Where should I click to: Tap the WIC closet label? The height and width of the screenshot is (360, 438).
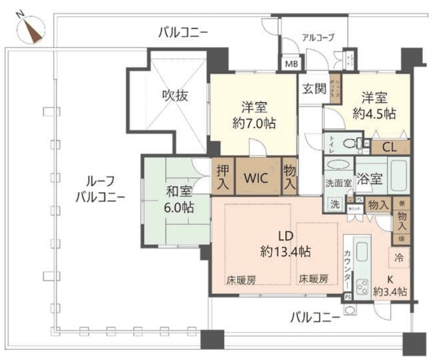pyautogui.click(x=256, y=178)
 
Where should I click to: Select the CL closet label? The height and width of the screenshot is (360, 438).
pyautogui.click(x=389, y=147)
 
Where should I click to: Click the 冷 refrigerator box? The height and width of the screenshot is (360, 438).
pyautogui.click(x=400, y=256)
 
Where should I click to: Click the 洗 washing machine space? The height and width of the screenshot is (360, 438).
pyautogui.click(x=335, y=204)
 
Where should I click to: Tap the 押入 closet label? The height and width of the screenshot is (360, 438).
pyautogui.click(x=222, y=178)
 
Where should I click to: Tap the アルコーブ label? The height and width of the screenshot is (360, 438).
pyautogui.click(x=318, y=38)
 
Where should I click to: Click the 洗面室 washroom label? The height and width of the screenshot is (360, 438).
pyautogui.click(x=338, y=182)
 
